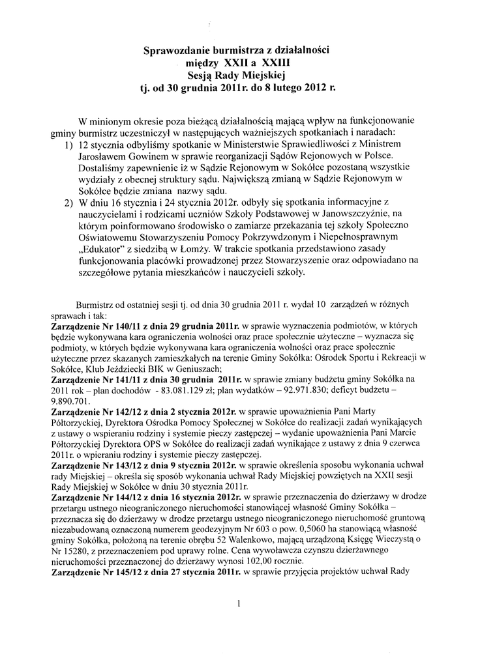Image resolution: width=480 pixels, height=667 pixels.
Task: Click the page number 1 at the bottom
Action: point(239,604)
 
